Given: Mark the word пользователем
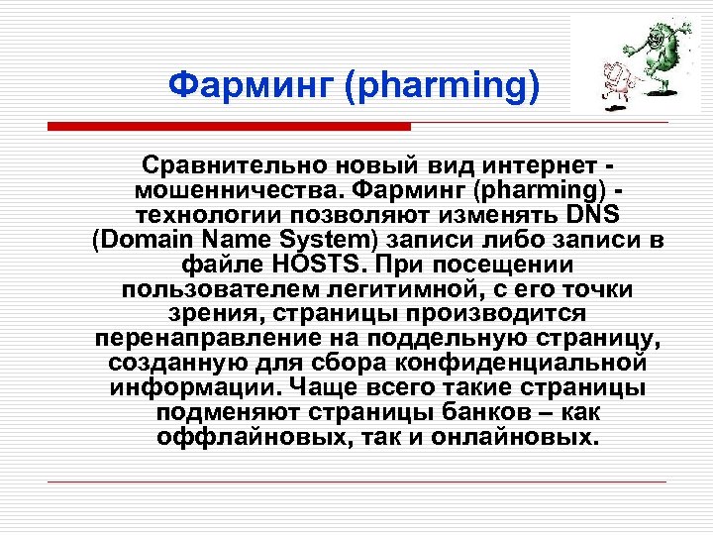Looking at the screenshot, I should (x=214, y=289).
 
